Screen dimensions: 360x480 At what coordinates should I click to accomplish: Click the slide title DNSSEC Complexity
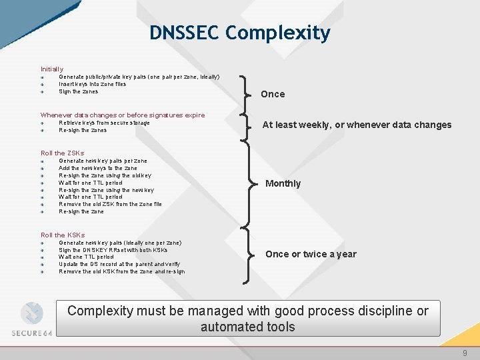click(x=239, y=33)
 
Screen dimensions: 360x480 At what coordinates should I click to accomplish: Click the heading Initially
click(x=52, y=69)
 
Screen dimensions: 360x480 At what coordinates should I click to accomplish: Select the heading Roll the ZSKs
click(x=62, y=153)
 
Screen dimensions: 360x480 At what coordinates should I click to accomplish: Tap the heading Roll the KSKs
click(x=63, y=235)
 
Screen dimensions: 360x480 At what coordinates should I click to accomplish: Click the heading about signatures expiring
click(x=123, y=115)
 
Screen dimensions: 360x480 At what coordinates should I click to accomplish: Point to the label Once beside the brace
click(x=273, y=94)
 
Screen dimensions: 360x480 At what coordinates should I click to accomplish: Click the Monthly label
click(x=283, y=183)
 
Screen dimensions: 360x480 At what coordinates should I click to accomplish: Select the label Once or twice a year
click(x=311, y=254)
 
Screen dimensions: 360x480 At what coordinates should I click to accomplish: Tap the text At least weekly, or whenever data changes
click(x=357, y=125)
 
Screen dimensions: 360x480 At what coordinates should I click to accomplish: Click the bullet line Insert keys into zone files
click(x=92, y=84)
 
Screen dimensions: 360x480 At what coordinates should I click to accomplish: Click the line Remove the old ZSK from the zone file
click(x=110, y=204)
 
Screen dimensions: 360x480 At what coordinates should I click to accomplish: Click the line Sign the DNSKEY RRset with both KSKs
click(x=113, y=249)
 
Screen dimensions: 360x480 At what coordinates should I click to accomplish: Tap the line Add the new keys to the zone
click(x=97, y=168)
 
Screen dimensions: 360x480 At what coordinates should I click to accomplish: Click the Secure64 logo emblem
click(x=31, y=314)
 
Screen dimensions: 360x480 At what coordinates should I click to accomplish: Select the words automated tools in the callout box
click(x=247, y=327)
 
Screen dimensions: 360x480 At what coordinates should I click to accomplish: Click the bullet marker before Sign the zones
click(x=41, y=92)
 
